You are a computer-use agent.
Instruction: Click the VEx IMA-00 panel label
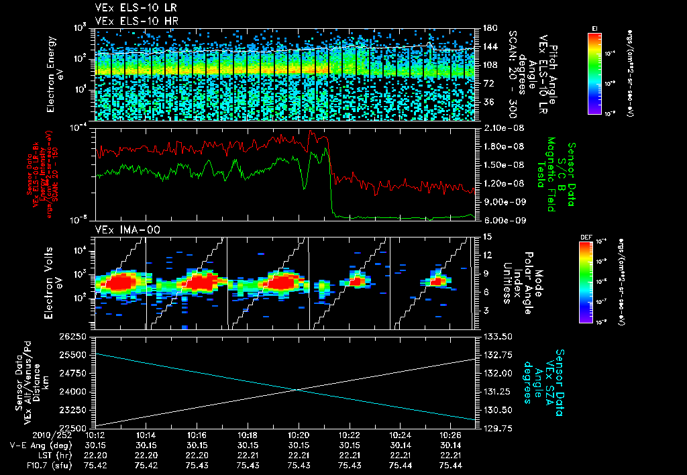pyautogui.click(x=121, y=230)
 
